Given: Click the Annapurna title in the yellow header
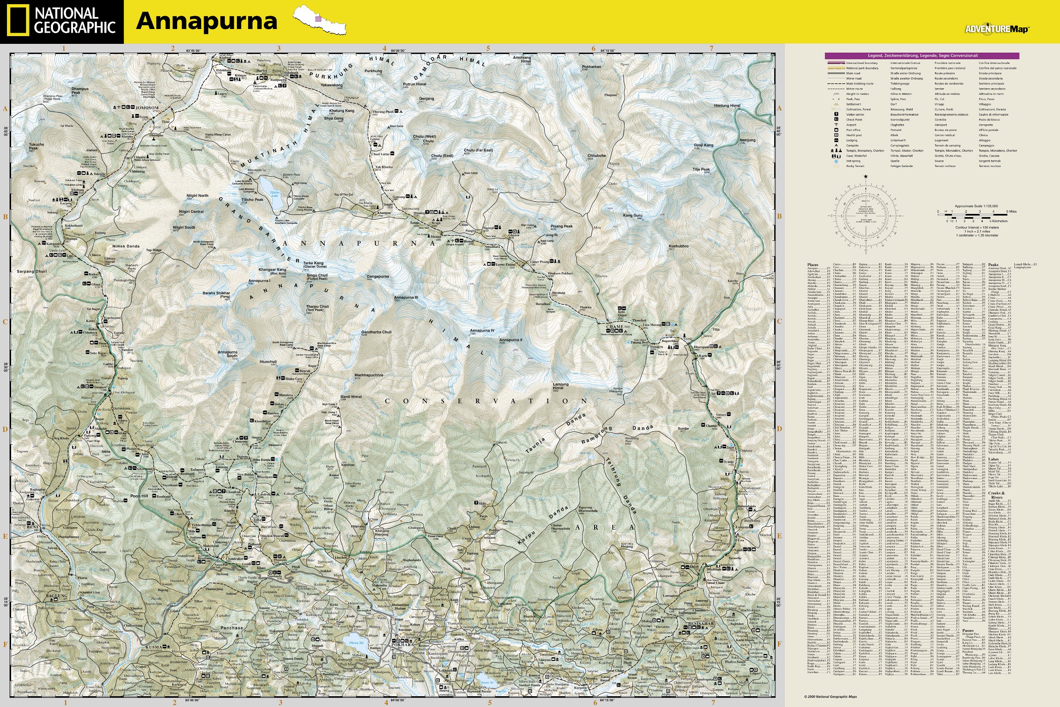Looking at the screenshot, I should coord(206,21).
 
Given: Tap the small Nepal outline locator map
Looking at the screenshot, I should coord(320,20).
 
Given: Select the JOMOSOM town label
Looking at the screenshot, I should coord(147,108).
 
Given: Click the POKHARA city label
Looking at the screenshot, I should coord(402,645).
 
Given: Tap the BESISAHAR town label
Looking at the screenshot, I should coord(701,624).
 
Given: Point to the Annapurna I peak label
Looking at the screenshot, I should coord(260,281).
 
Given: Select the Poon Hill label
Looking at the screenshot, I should coord(139,496).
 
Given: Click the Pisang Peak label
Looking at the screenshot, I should coord(561,226).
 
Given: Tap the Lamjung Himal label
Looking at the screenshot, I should coord(561,386).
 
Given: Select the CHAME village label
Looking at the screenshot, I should coord(615,327).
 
